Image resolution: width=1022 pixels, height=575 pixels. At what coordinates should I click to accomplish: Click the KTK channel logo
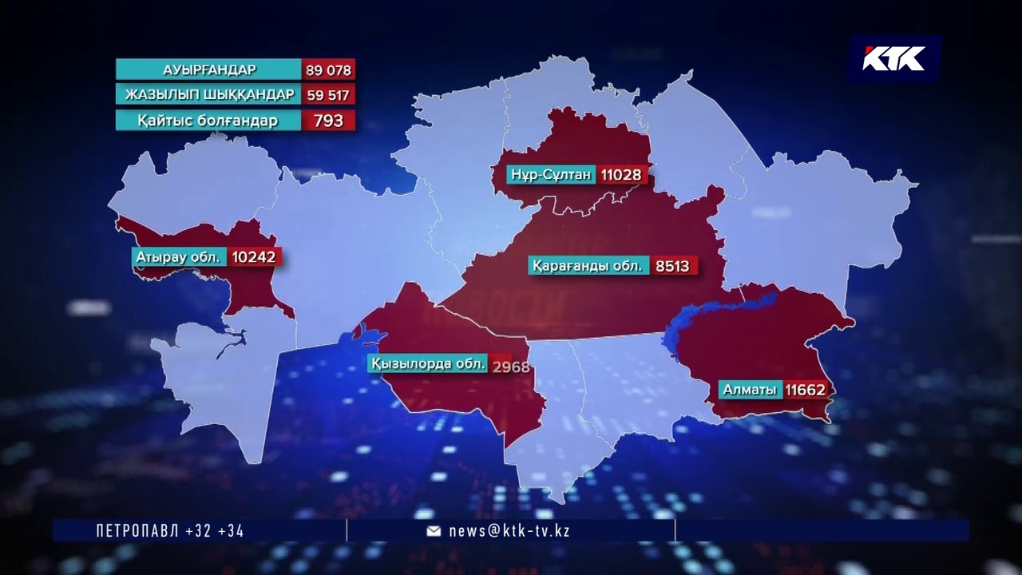[894, 58]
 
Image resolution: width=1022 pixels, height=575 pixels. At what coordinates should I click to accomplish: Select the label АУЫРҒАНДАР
[209, 69]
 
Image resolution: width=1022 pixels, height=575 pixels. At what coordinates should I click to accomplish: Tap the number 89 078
[328, 69]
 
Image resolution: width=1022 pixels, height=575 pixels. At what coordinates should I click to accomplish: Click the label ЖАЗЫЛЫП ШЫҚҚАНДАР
[209, 95]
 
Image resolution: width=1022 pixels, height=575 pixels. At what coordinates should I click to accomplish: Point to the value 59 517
[328, 95]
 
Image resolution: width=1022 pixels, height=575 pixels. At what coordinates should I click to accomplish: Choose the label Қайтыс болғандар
[209, 121]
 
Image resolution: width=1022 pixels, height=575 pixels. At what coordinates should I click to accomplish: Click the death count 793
[328, 121]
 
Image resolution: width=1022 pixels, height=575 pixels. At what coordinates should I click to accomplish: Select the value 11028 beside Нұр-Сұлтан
[621, 174]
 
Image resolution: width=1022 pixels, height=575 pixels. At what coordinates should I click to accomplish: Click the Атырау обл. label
[180, 257]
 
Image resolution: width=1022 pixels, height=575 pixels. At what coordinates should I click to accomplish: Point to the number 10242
[255, 257]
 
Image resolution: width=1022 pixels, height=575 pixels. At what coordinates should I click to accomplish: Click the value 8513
[672, 265]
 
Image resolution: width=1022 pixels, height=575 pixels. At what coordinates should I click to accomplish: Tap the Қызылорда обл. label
[428, 364]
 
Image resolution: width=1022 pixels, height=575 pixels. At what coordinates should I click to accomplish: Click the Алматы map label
[749, 390]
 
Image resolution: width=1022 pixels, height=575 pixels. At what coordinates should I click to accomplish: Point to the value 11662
[805, 390]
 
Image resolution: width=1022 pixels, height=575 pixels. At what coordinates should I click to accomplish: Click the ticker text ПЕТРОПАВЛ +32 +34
[170, 530]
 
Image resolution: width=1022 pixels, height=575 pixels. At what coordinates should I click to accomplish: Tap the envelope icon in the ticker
[434, 531]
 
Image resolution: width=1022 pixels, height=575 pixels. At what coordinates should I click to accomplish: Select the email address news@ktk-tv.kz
[509, 530]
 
